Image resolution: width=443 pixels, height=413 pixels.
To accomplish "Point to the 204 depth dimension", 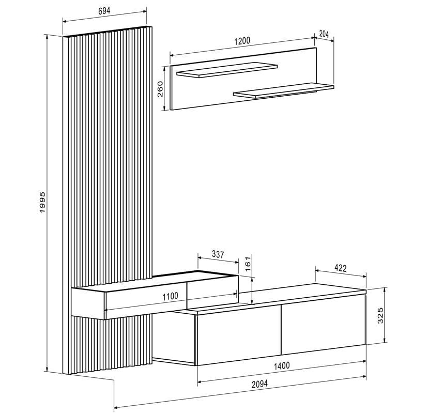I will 324,34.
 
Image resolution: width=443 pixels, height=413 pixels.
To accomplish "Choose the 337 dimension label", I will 218,254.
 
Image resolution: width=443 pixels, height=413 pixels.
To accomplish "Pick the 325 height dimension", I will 381,315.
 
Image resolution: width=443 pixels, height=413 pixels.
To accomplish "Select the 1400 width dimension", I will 281,365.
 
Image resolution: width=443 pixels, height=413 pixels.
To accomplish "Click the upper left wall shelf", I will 227,69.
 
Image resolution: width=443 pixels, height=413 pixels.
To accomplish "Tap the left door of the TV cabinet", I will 238,335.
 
